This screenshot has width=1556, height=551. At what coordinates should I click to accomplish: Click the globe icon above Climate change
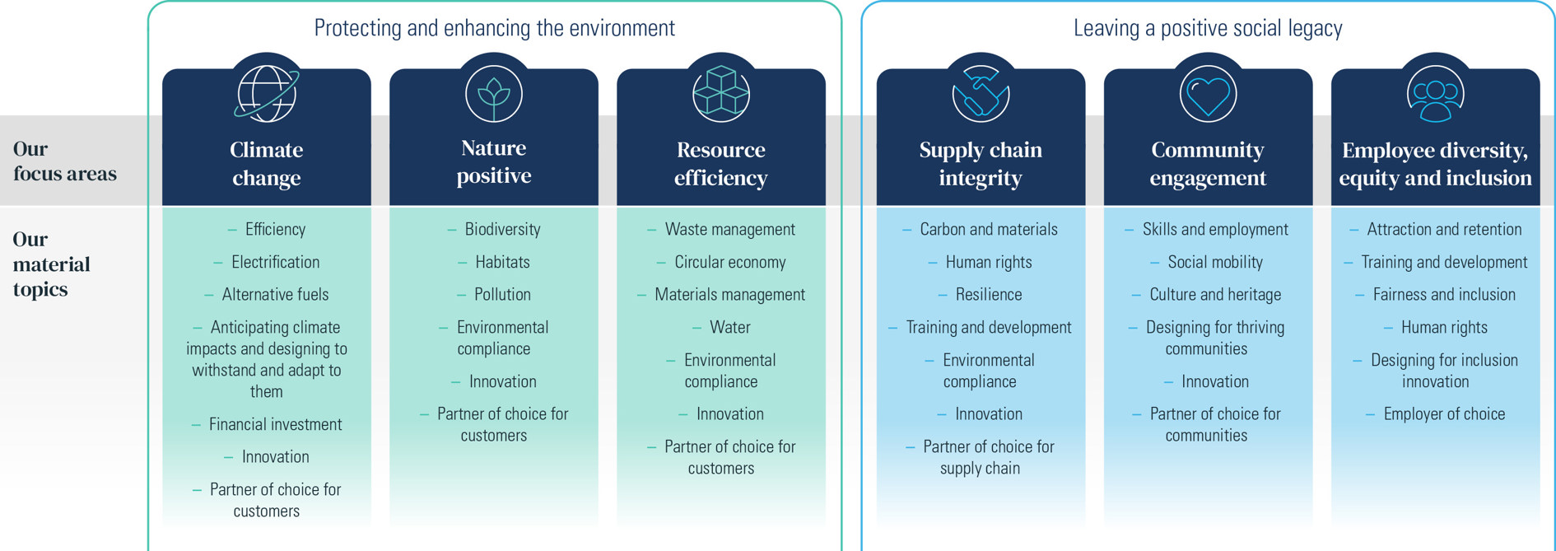[x=267, y=94]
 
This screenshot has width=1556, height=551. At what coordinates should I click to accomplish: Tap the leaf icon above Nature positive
[x=494, y=94]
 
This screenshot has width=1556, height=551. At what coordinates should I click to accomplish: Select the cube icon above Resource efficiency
[x=721, y=94]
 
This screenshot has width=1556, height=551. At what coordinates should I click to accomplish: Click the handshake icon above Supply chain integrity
[x=981, y=94]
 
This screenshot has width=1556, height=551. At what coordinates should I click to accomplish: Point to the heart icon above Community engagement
[x=1208, y=94]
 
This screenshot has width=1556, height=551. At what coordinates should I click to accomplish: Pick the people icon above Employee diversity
[x=1435, y=94]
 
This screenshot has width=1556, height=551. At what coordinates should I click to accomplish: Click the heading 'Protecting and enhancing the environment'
[x=495, y=28]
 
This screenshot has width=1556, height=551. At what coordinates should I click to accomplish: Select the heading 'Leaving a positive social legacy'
[x=1208, y=28]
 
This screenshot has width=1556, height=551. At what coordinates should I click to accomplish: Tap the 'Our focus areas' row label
[x=65, y=161]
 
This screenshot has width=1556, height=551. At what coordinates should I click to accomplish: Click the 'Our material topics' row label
[x=51, y=264]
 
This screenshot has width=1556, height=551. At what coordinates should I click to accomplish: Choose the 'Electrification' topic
[x=275, y=262]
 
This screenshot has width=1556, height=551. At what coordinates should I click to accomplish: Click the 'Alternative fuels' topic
[x=275, y=294]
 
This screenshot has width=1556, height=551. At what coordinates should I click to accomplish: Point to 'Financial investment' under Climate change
[x=275, y=424]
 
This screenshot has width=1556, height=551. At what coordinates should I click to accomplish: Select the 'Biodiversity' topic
[x=502, y=229]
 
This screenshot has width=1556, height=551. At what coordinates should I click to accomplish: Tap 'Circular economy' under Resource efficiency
[x=729, y=262]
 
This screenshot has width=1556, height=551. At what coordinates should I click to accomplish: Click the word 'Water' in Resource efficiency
[x=729, y=327]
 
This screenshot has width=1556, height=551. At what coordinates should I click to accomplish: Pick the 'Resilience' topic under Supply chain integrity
[x=988, y=294]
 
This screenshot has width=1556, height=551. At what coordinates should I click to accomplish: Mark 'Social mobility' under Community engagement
[x=1215, y=262]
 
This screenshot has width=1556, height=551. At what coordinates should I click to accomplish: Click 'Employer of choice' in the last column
[x=1444, y=413]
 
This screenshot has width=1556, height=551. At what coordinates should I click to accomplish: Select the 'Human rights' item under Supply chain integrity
[x=988, y=262]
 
